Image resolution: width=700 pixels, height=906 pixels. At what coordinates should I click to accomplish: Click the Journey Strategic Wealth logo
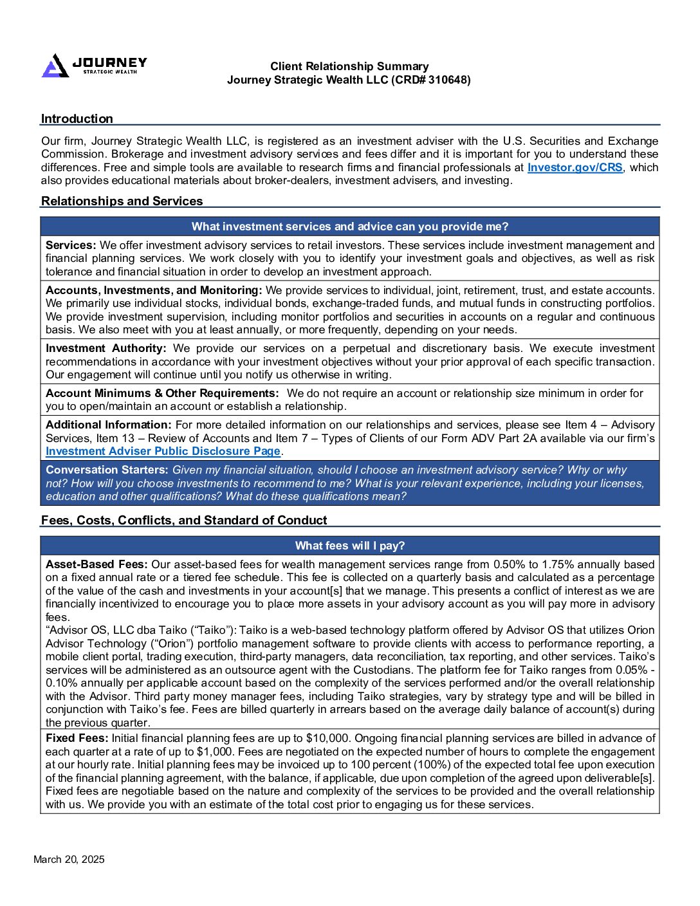94,65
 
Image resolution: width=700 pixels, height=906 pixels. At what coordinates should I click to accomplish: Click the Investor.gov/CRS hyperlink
575,167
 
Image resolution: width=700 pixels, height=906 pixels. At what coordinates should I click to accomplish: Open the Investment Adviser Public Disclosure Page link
163,451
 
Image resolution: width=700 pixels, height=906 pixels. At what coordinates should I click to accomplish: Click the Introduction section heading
77,118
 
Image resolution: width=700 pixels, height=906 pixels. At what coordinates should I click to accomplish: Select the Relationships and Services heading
122,201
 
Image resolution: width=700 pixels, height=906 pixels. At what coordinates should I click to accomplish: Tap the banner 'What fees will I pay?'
349,546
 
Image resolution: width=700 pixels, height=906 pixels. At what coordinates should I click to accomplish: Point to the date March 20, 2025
69,859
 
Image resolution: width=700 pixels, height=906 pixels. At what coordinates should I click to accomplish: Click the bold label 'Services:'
71,245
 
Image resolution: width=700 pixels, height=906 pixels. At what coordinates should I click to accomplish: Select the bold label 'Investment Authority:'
106,348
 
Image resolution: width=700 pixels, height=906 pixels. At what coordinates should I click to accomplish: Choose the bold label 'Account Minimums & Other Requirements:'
162,393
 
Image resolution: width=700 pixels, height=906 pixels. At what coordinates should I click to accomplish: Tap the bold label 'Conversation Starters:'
107,470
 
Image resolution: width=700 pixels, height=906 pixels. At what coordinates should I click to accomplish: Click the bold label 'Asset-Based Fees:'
97,564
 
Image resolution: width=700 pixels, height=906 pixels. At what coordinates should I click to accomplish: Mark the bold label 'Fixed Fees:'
77,738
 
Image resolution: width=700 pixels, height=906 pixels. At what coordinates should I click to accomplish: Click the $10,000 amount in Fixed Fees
327,738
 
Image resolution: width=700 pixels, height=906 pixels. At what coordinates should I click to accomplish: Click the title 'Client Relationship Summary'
349,66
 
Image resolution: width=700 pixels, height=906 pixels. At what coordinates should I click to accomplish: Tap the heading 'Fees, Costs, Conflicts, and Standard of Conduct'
184,520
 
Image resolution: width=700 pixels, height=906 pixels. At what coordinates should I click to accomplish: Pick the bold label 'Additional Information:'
108,425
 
